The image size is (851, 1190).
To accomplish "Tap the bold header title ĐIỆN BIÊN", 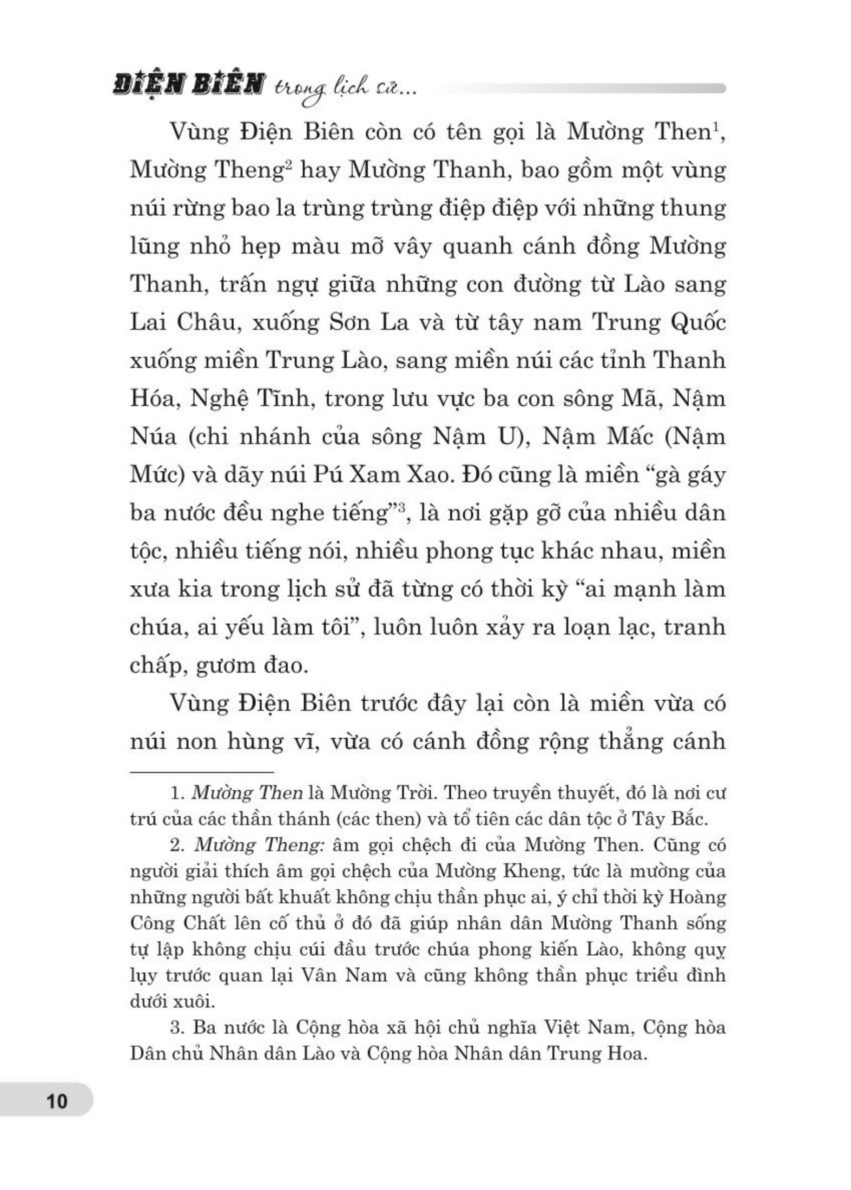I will point(187,85).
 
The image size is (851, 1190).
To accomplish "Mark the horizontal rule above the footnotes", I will point(202,771).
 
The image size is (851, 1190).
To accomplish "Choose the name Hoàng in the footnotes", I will point(698,898).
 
